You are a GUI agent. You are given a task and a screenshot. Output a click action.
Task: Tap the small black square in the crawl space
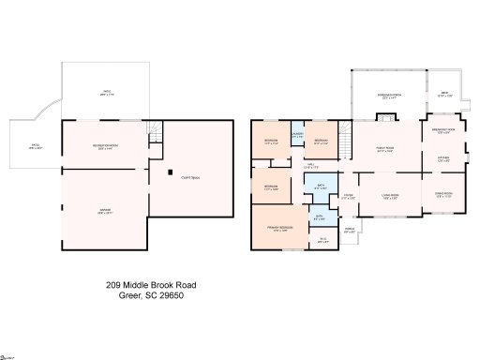click(x=170, y=173)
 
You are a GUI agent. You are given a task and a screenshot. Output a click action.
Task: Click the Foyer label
click(x=348, y=196)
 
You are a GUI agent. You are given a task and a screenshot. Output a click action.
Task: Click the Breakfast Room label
click(x=443, y=130)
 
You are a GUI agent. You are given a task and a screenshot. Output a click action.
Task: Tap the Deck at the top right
click(x=444, y=95)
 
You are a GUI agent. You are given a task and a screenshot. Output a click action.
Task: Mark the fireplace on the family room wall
click(x=384, y=118)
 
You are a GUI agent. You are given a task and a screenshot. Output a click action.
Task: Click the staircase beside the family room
click(x=343, y=134)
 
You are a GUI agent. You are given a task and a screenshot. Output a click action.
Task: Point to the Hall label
click(x=309, y=165)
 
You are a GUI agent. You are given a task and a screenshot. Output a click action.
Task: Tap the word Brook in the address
click(x=157, y=284)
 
